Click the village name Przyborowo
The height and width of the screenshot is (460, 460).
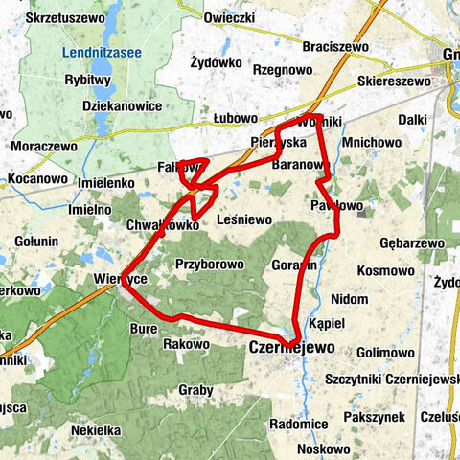204,264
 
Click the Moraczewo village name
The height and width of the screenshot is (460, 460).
44,148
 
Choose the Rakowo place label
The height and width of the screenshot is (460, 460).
186,343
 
